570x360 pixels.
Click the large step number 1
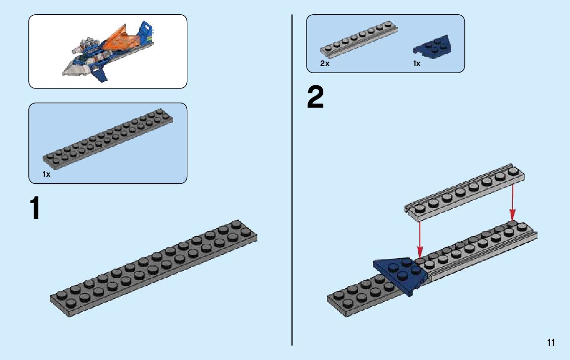pos(35,209)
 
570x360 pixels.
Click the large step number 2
pos(315,98)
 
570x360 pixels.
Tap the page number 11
pos(551,343)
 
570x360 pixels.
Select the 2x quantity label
pos(325,64)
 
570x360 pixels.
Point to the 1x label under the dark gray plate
pos(46,174)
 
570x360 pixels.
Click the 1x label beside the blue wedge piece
pos(417,64)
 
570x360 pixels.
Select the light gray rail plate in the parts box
pos(359,40)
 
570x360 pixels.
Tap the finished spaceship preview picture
pos(108,51)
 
